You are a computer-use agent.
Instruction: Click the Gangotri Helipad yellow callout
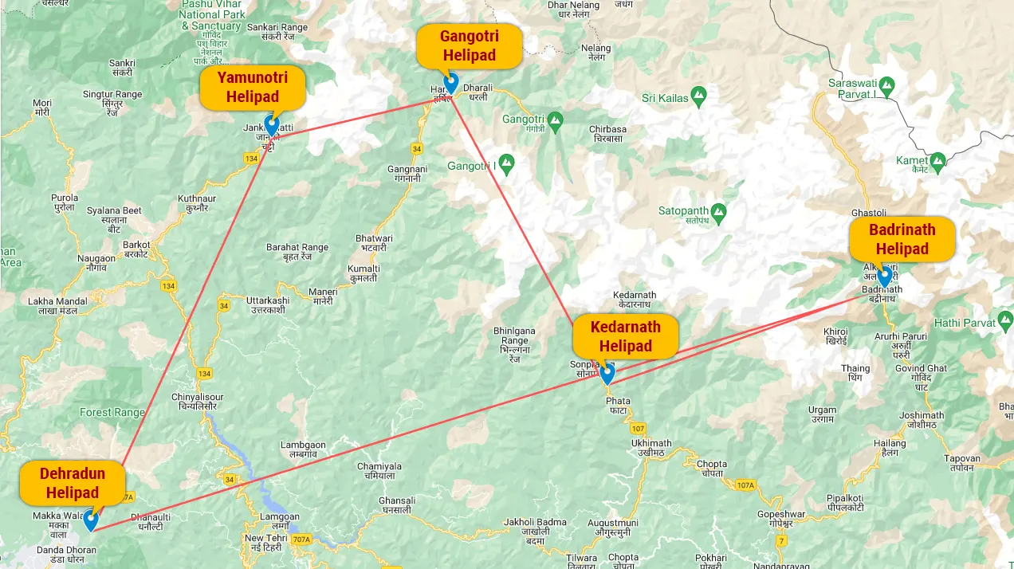470,45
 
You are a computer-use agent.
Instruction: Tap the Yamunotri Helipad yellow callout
252,87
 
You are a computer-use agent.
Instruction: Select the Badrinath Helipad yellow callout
902,239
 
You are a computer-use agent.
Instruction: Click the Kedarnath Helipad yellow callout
625,336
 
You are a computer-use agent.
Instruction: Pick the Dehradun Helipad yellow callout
73,483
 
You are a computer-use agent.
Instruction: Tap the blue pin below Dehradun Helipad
91,520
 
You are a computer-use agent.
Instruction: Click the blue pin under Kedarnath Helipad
607,374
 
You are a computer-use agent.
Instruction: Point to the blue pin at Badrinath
884,277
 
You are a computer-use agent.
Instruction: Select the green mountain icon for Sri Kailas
699,97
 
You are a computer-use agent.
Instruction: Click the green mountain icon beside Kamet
937,160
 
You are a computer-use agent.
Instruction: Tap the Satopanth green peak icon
719,211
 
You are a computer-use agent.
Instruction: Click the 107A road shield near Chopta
745,485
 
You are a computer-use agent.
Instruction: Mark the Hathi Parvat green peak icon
1005,322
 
